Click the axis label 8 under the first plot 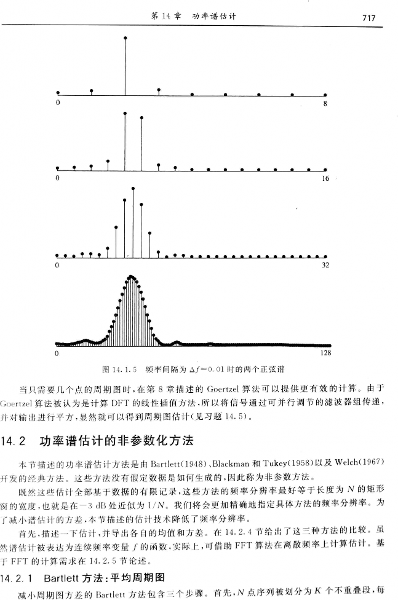[x=325, y=103]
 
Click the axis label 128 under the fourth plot [x=326, y=353]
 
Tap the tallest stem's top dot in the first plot [x=125, y=38]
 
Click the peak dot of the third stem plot [x=133, y=188]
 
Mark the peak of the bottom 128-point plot [x=131, y=277]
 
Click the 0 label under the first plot [x=57, y=103]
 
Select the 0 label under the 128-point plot [x=57, y=353]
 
